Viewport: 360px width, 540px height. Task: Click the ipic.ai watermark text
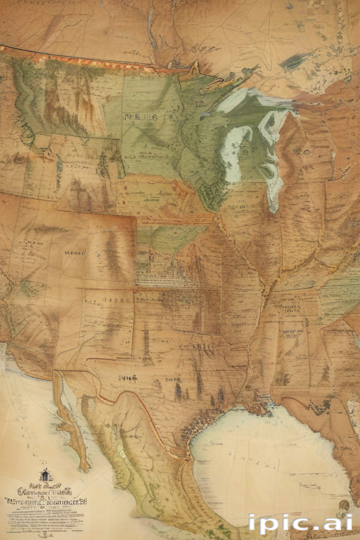(300, 522)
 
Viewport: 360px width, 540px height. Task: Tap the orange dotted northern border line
(77, 59)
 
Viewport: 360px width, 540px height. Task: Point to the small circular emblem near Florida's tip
(342, 505)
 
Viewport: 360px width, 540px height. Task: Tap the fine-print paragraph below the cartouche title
(46, 517)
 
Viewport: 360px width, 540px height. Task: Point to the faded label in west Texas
(128, 378)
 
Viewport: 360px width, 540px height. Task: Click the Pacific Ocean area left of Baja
(28, 422)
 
